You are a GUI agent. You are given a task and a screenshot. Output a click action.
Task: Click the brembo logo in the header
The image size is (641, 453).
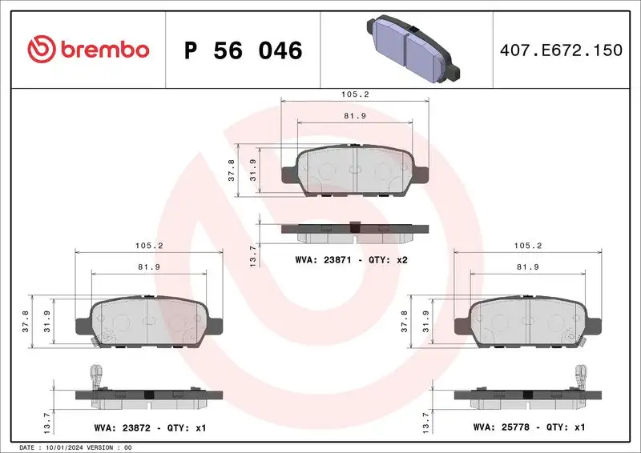click(88, 50)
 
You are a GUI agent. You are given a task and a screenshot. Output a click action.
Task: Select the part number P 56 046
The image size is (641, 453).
click(243, 50)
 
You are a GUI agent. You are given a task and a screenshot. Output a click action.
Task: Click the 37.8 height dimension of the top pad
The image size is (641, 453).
click(232, 171)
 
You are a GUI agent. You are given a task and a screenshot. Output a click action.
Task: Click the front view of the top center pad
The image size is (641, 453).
click(355, 170)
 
